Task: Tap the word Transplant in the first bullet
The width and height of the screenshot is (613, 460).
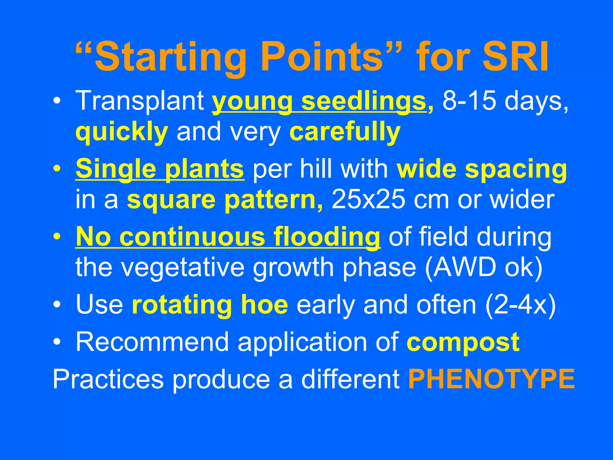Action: click(x=140, y=101)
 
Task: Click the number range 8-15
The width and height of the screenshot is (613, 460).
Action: click(x=469, y=101)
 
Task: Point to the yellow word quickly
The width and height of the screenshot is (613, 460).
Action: click(x=122, y=132)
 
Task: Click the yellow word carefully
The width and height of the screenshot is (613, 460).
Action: click(x=345, y=132)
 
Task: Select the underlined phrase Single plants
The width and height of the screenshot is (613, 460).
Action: click(x=160, y=169)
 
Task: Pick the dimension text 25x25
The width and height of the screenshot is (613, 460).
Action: click(x=368, y=200)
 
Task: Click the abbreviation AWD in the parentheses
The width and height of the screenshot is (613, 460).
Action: click(x=464, y=267)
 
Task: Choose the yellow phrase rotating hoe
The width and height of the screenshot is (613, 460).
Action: click(x=210, y=305)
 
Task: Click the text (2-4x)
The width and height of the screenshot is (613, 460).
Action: click(x=520, y=305)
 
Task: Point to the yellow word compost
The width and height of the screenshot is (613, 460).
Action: click(x=463, y=343)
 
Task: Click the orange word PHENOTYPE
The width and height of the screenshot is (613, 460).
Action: click(x=491, y=379)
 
